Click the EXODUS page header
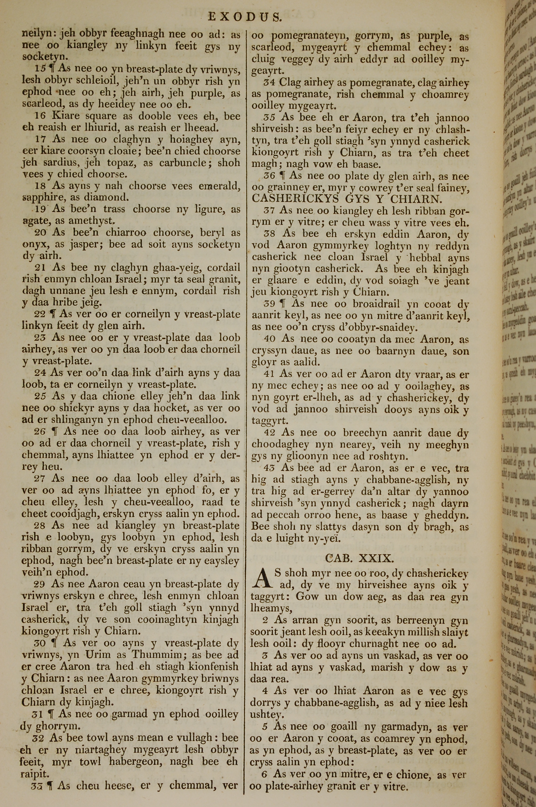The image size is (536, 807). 245,17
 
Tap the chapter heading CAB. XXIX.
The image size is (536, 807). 359,559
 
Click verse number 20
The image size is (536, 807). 40,233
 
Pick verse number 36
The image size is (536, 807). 269,177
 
